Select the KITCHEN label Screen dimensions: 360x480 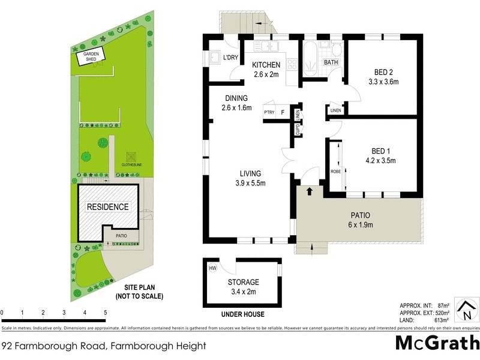pos(266,65)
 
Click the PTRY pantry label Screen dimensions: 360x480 pos(268,112)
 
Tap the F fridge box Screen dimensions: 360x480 pos(283,112)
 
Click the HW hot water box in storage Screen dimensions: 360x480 pos(212,269)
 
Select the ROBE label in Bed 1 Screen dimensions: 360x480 pos(335,172)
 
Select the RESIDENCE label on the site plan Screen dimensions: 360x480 pos(108,207)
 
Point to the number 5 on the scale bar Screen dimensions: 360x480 pos(105,313)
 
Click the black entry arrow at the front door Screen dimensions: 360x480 pos(310,191)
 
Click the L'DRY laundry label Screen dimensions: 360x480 pos(230,58)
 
